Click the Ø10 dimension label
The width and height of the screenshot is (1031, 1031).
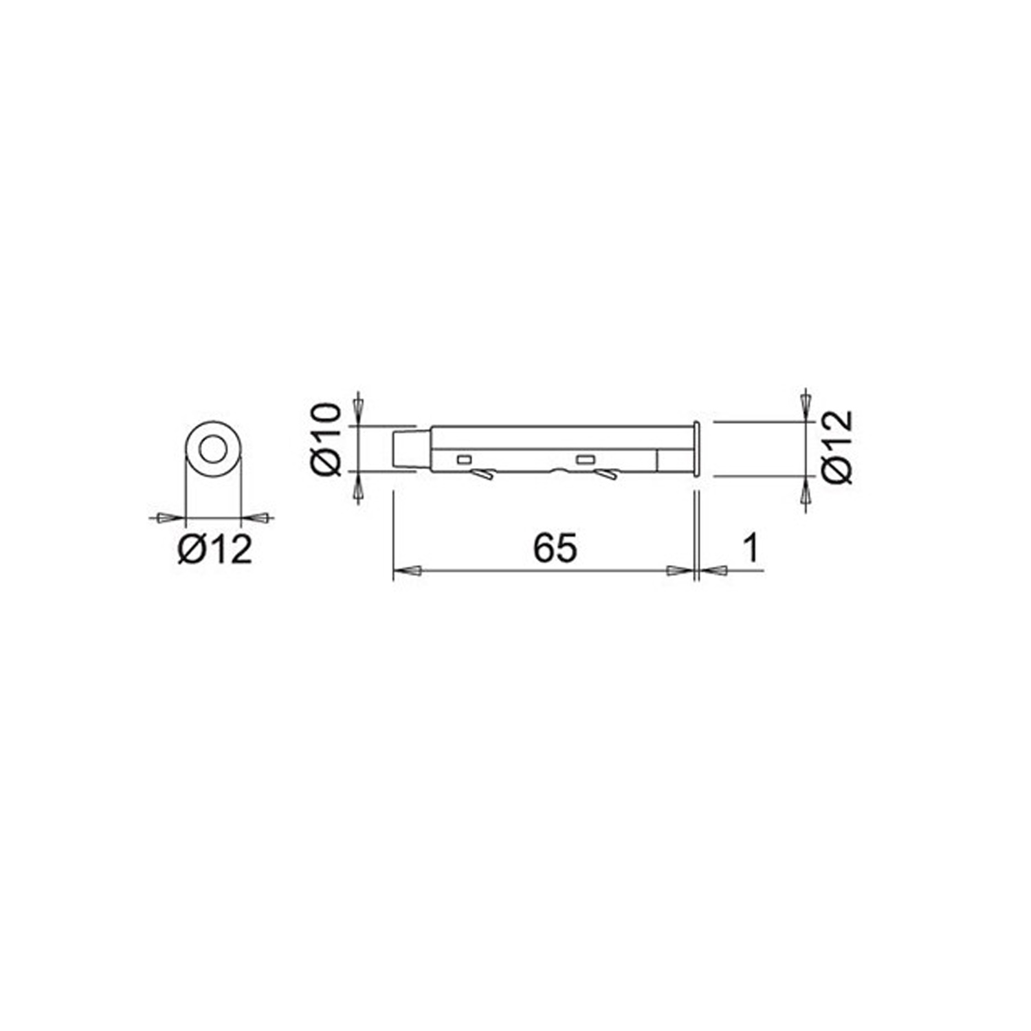326,440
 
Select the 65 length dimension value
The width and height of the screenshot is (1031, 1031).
555,548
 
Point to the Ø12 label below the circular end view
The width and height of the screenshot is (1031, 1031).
215,549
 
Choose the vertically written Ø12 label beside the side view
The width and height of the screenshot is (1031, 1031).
837,447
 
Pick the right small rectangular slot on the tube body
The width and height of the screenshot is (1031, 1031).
586,459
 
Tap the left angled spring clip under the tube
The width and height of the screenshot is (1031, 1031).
483,474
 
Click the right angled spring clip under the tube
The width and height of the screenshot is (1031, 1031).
606,474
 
